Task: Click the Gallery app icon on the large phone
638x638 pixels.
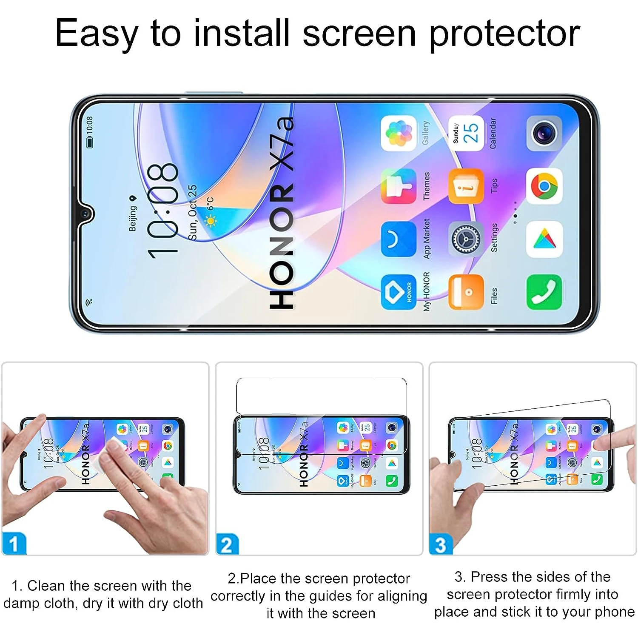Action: click(399, 133)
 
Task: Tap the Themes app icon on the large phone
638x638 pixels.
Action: click(399, 186)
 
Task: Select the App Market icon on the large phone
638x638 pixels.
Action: click(399, 239)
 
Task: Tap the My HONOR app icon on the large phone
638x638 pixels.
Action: click(399, 292)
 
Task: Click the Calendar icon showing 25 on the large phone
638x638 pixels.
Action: click(467, 133)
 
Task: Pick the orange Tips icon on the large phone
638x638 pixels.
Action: click(467, 186)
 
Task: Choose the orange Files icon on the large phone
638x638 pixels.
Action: click(467, 292)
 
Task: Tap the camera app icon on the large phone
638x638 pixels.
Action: click(544, 133)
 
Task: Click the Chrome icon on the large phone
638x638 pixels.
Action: click(544, 186)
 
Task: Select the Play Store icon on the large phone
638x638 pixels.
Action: click(544, 239)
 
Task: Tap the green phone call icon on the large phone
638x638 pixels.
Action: click(544, 292)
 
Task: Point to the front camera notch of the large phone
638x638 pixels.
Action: click(86, 213)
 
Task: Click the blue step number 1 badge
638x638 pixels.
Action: click(14, 544)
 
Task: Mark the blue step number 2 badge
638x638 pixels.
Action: click(227, 544)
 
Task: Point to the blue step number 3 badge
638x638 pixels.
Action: click(441, 544)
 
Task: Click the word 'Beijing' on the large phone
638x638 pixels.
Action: click(133, 219)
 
